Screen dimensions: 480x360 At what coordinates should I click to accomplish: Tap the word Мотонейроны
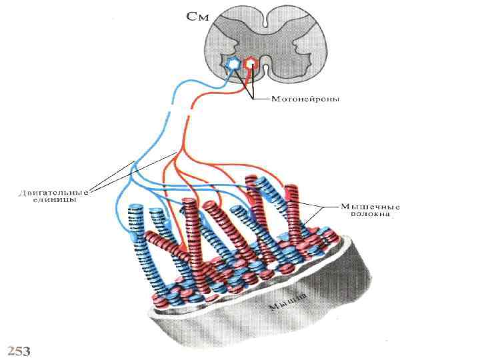[305, 100]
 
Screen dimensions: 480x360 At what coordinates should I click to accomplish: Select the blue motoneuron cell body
[233, 64]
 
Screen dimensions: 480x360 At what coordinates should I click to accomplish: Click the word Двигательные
[53, 191]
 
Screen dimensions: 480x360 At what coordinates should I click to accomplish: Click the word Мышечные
[371, 207]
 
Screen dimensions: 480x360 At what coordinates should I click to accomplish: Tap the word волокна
[371, 215]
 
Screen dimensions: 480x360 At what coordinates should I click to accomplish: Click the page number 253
[19, 351]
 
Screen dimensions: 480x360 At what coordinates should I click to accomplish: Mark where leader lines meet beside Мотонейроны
[254, 99]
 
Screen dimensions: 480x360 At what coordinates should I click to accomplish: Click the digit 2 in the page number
[11, 351]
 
